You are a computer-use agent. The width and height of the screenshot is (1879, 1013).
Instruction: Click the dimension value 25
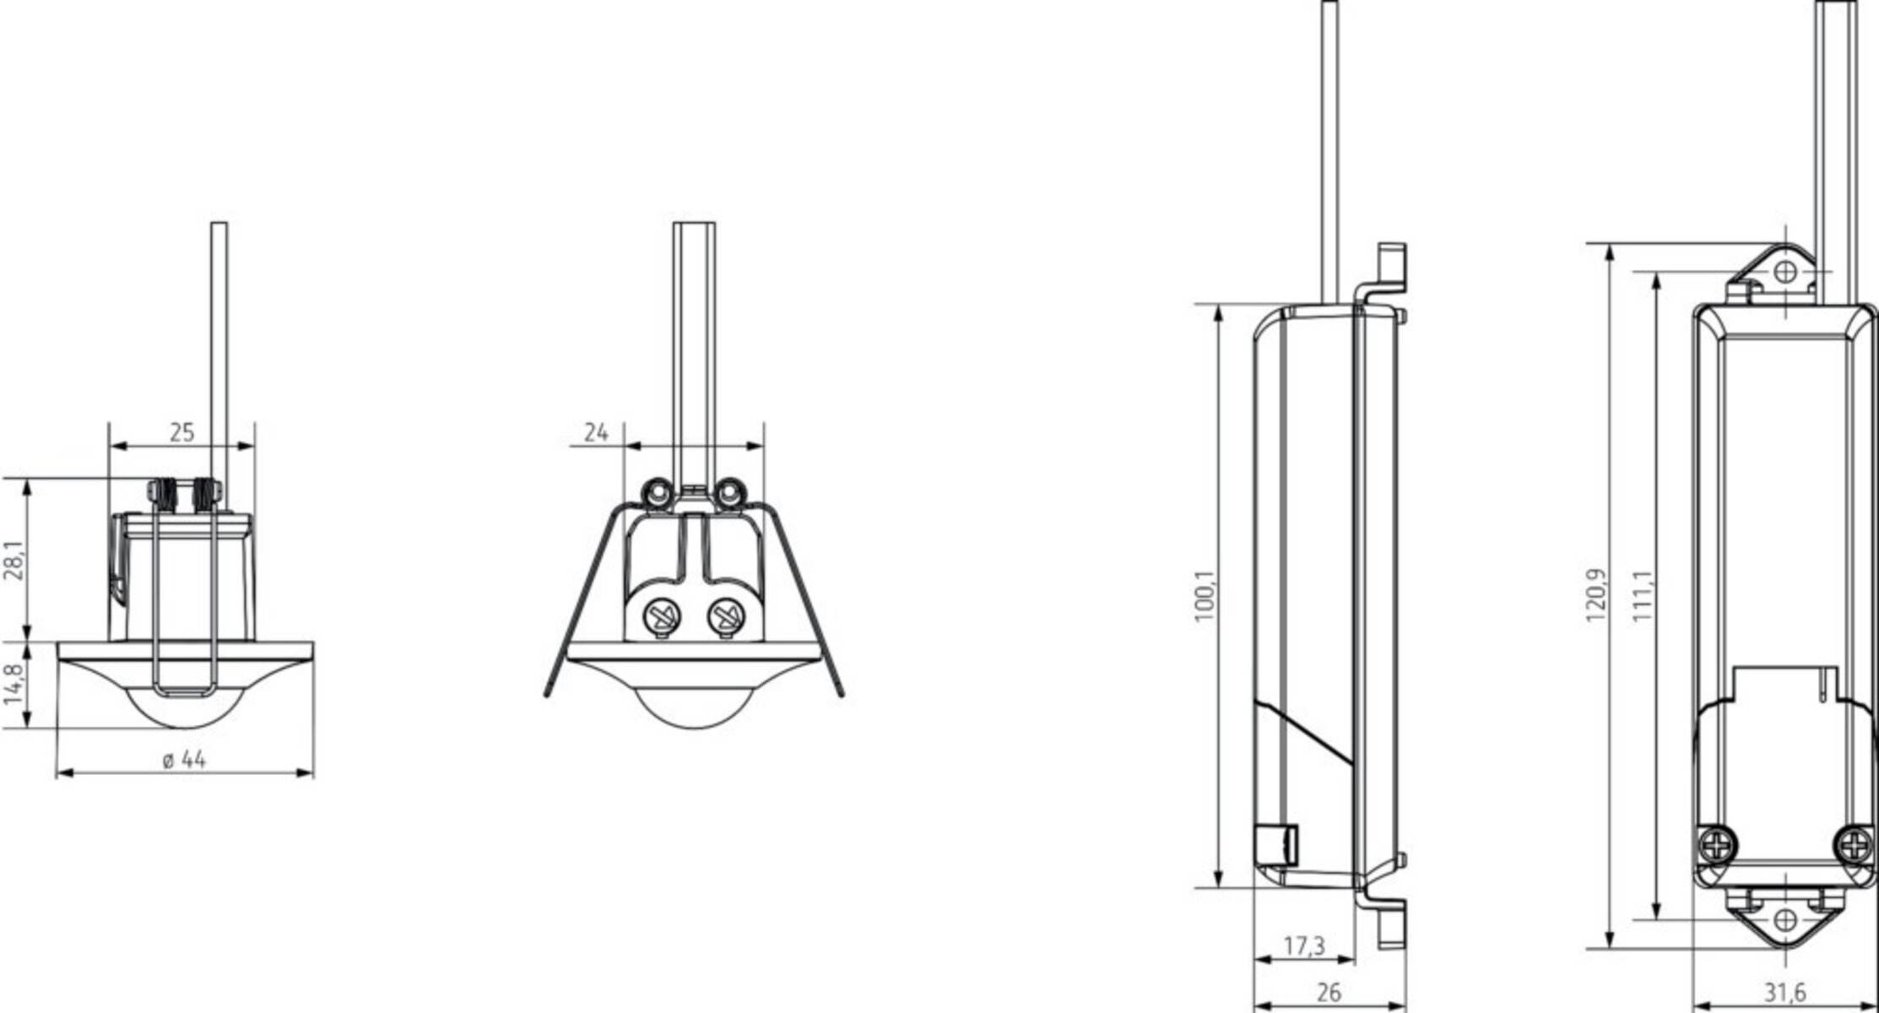click(181, 432)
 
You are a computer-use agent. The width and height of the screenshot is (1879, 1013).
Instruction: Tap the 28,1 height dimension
click(15, 561)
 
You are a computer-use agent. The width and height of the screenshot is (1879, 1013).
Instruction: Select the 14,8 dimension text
click(15, 685)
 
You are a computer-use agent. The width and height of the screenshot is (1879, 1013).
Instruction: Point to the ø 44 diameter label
click(184, 760)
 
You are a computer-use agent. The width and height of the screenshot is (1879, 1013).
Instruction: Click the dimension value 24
click(596, 432)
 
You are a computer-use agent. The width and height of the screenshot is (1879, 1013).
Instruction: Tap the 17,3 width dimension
click(1304, 947)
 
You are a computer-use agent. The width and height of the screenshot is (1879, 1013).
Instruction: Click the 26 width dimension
click(1329, 993)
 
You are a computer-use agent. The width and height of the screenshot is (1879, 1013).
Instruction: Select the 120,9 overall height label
click(1595, 596)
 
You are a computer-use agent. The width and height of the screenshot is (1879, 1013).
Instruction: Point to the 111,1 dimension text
click(1642, 596)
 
